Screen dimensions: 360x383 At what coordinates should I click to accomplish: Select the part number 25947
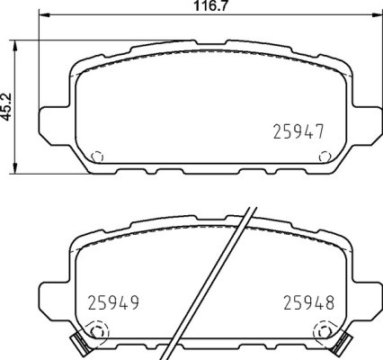(x=298, y=131)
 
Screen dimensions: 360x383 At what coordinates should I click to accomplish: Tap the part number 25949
(x=114, y=302)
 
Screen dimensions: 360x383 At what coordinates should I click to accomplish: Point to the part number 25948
(x=308, y=302)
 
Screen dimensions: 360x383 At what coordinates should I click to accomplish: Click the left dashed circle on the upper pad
(x=98, y=155)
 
